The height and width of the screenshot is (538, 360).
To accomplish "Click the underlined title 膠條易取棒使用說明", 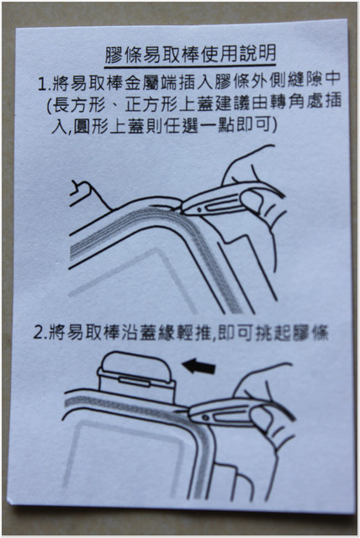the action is pyautogui.click(x=190, y=54).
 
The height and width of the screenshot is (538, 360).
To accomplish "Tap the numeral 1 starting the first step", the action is pyautogui.click(x=42, y=84).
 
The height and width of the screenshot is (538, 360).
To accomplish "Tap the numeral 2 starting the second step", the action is pyautogui.click(x=39, y=333).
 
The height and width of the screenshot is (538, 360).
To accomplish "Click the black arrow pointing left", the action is pyautogui.click(x=199, y=367).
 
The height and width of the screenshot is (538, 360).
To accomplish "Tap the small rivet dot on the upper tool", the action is pyautogui.click(x=199, y=209).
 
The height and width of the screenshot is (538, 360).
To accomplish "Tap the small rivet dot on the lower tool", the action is pyautogui.click(x=205, y=417).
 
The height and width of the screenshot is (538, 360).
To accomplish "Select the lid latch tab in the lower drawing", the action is pyautogui.click(x=135, y=381).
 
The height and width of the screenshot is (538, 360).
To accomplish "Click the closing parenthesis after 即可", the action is pyautogui.click(x=274, y=125).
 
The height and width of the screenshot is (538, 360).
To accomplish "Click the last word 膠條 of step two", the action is pyautogui.click(x=310, y=333).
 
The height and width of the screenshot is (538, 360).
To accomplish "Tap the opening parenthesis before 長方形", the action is pyautogui.click(x=49, y=105).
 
